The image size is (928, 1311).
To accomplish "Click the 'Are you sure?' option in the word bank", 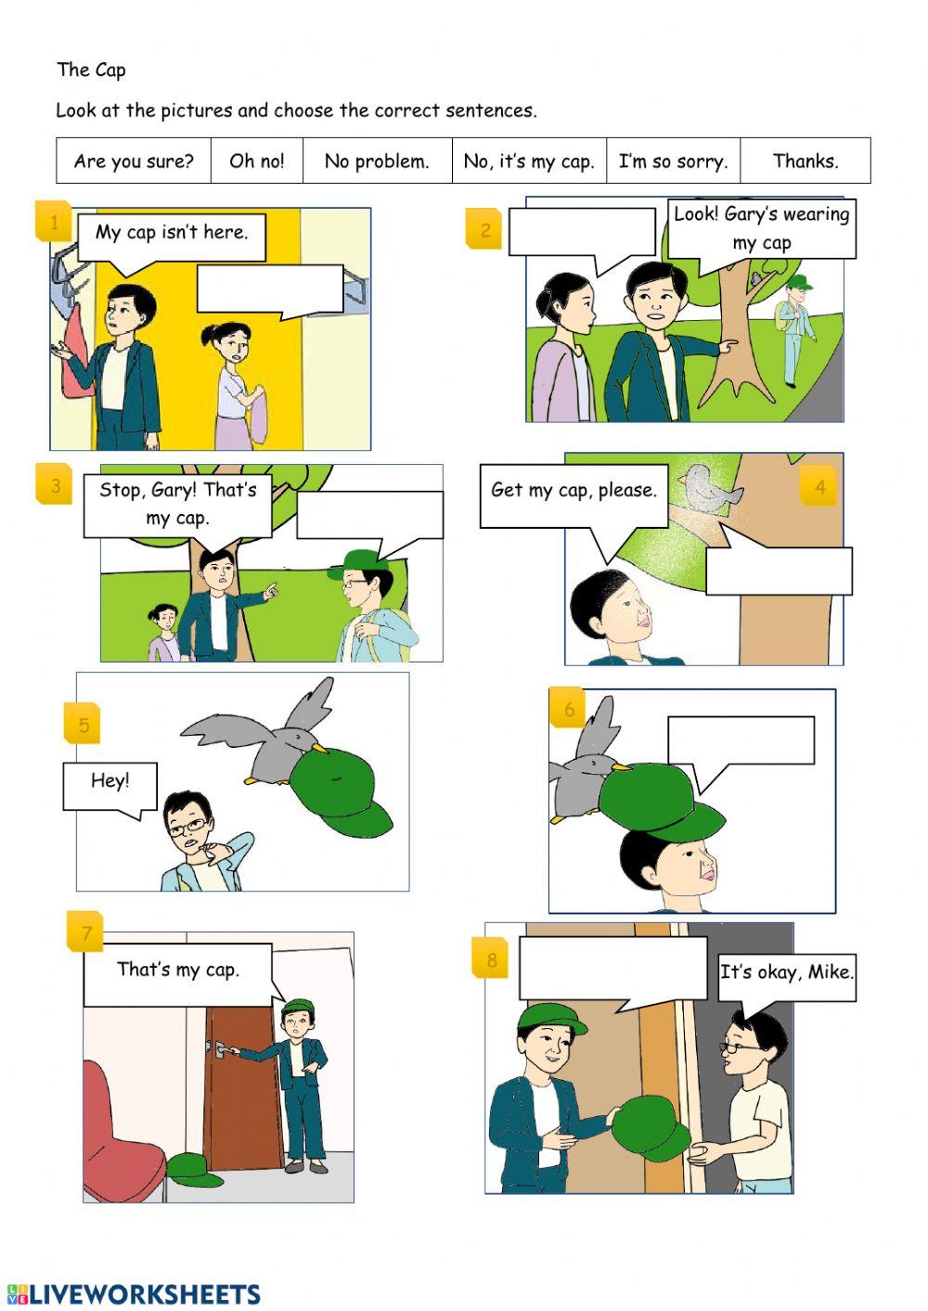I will tap(134, 161).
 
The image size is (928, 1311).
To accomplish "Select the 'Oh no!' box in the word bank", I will tap(257, 161).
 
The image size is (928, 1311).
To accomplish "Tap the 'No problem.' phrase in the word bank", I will tap(377, 161).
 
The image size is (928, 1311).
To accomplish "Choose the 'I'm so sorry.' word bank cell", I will tap(673, 161).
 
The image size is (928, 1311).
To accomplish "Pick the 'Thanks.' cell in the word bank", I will tap(806, 161).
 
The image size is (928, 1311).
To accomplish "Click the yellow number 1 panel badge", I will tap(54, 222).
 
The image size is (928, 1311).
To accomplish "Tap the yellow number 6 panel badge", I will tap(569, 709).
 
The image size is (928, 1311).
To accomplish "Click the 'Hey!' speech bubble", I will tap(110, 782).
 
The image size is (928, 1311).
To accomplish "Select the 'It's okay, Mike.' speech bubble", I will tap(787, 973).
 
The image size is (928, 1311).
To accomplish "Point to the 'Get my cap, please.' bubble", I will tap(574, 493).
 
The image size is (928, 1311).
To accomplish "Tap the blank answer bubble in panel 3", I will tap(369, 515).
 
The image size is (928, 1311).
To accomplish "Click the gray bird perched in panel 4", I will tap(709, 487).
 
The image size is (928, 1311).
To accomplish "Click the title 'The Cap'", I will tap(91, 70).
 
